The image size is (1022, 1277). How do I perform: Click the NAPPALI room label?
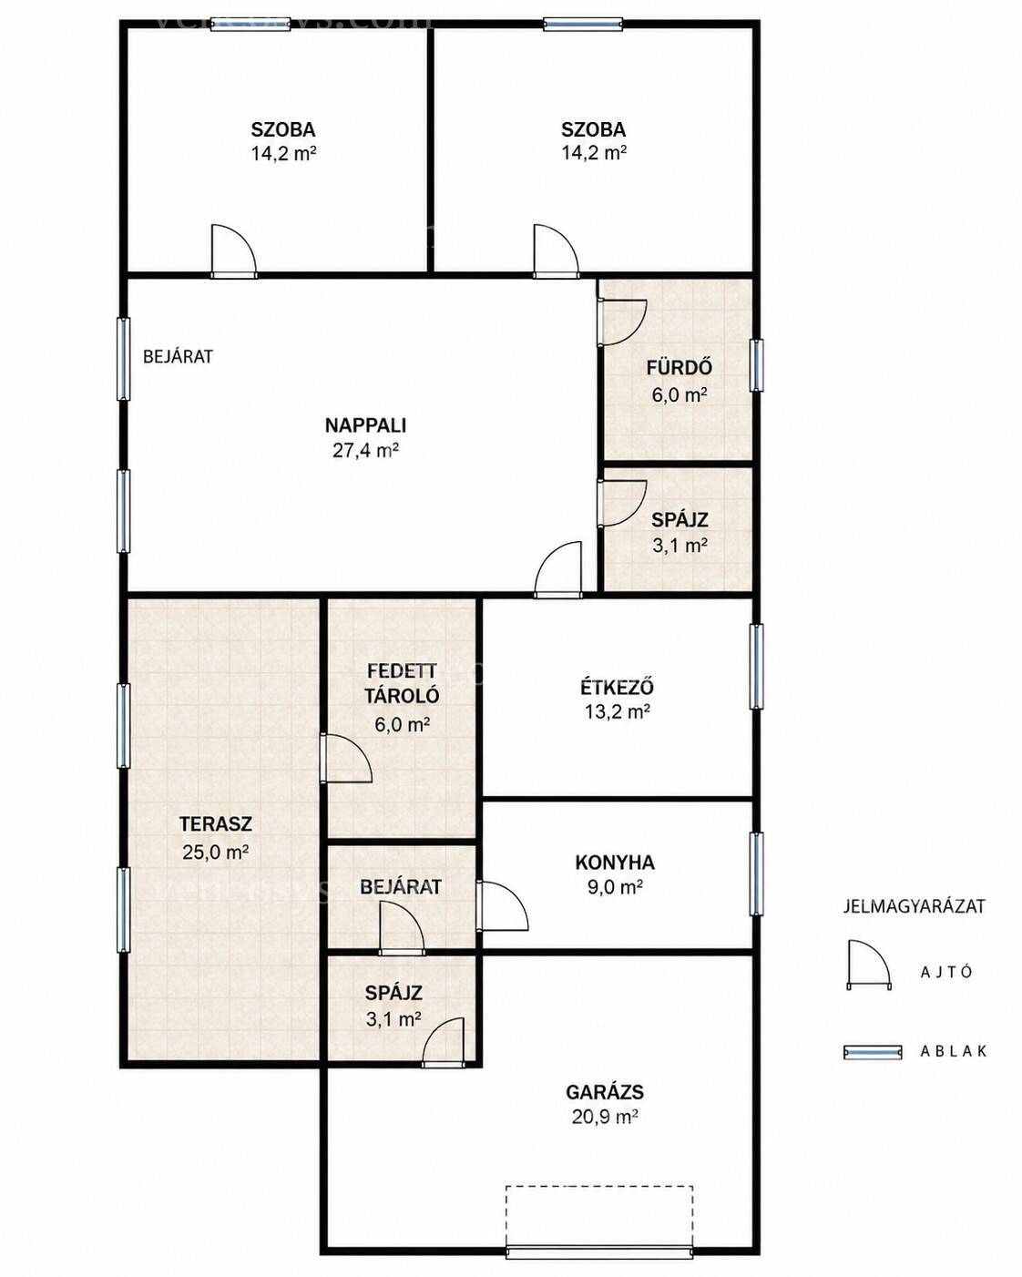pyautogui.click(x=365, y=425)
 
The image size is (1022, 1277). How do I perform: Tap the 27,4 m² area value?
pyautogui.click(x=365, y=451)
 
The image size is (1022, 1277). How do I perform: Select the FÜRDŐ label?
pyautogui.click(x=679, y=368)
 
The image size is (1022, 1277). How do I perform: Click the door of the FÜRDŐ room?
pyautogui.click(x=621, y=322)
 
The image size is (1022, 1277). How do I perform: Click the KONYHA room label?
pyautogui.click(x=615, y=863)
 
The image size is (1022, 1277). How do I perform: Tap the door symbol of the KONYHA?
pyautogui.click(x=502, y=905)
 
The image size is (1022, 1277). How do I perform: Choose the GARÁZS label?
pyautogui.click(x=605, y=1092)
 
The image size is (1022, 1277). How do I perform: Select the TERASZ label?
pyautogui.click(x=216, y=823)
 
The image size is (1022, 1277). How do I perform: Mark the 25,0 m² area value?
pyautogui.click(x=216, y=853)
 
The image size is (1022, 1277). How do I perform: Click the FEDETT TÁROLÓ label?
pyautogui.click(x=402, y=683)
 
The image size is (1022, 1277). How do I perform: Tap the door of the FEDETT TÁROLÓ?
pyautogui.click(x=345, y=759)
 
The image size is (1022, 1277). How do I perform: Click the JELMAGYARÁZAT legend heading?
pyautogui.click(x=915, y=906)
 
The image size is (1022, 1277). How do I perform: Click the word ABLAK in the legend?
pyautogui.click(x=953, y=1051)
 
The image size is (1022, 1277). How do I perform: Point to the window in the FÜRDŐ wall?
pyautogui.click(x=755, y=365)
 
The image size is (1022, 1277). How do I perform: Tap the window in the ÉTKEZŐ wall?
pyautogui.click(x=755, y=666)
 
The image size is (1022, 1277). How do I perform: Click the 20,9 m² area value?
pyautogui.click(x=605, y=1118)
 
